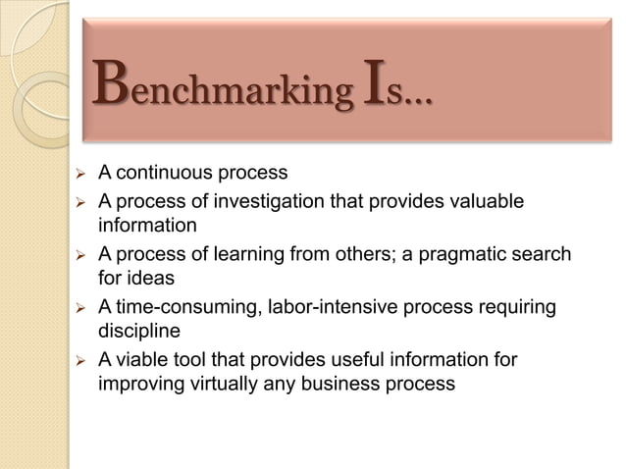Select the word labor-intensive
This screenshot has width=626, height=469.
pos(327,308)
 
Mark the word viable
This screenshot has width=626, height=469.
pos(143,360)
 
